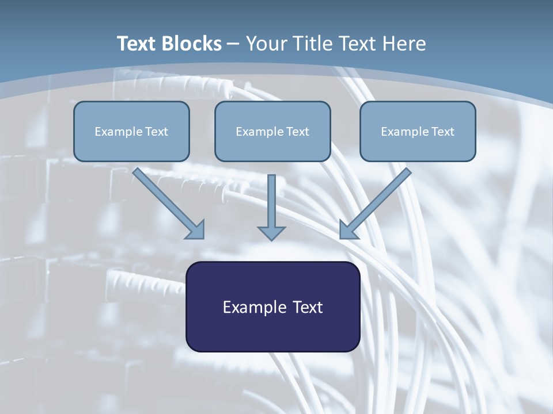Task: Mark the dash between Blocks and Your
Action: [233, 44]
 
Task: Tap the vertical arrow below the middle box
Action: [271, 204]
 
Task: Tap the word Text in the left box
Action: [157, 132]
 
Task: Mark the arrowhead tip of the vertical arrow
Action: [271, 239]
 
